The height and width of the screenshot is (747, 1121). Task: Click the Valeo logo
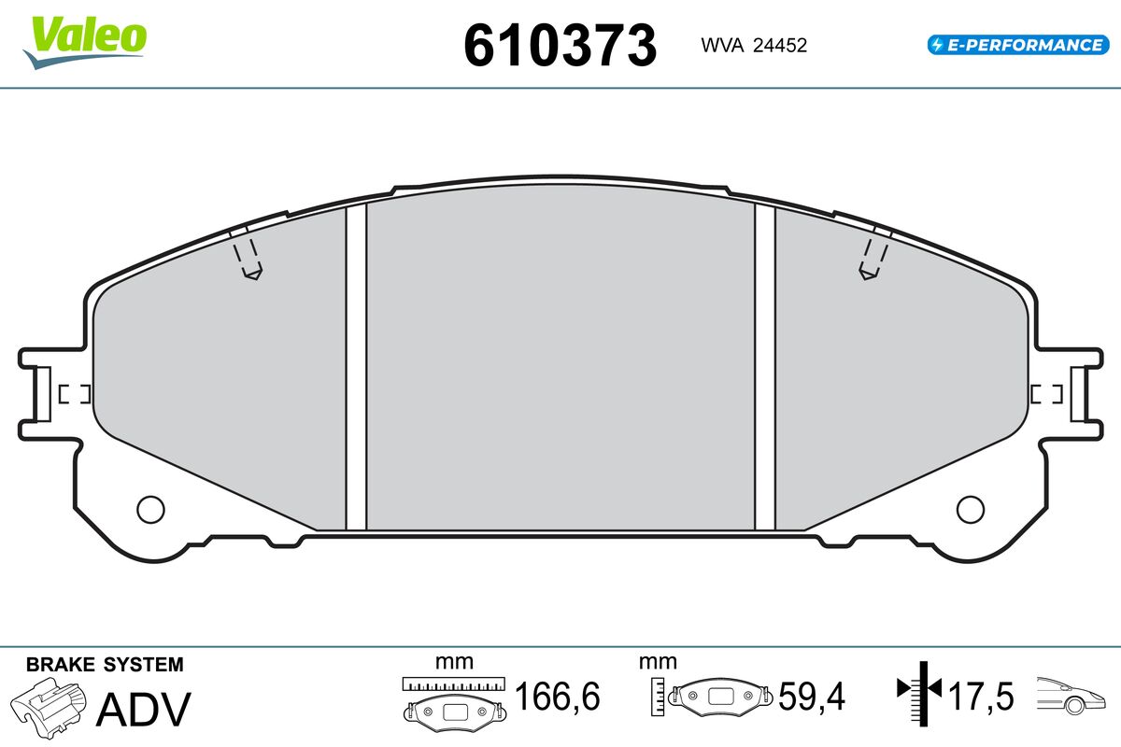(85, 43)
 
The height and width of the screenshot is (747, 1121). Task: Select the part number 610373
(560, 46)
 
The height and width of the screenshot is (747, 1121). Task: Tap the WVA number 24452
(780, 46)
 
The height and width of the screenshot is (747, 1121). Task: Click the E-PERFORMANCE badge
(1018, 45)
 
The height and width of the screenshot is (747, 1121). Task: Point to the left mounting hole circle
(150, 509)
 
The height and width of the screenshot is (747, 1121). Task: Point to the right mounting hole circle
(971, 509)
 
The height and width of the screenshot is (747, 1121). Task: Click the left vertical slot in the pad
(356, 367)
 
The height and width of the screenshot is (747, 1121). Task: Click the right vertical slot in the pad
(765, 367)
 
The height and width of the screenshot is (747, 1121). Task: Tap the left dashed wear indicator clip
(248, 255)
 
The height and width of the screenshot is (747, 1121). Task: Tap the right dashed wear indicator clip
(873, 255)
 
